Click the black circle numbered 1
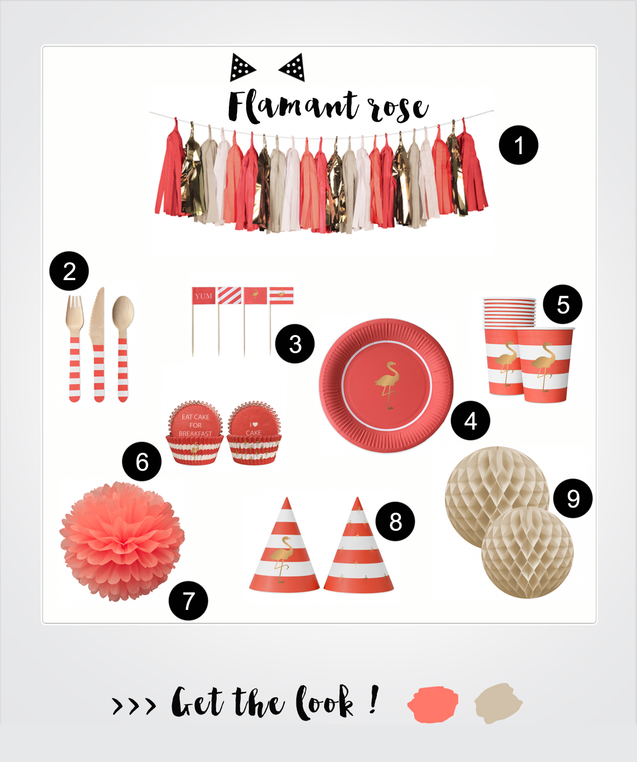point(518,145)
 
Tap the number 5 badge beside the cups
point(563,304)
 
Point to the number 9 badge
point(573,498)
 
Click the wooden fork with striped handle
point(75,349)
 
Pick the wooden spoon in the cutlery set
point(123,349)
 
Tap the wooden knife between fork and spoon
point(98,345)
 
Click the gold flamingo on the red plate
point(388,385)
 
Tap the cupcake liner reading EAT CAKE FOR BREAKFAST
point(195,433)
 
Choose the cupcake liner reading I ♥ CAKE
point(253,433)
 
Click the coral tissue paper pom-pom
point(122,541)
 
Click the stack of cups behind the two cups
point(509,312)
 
